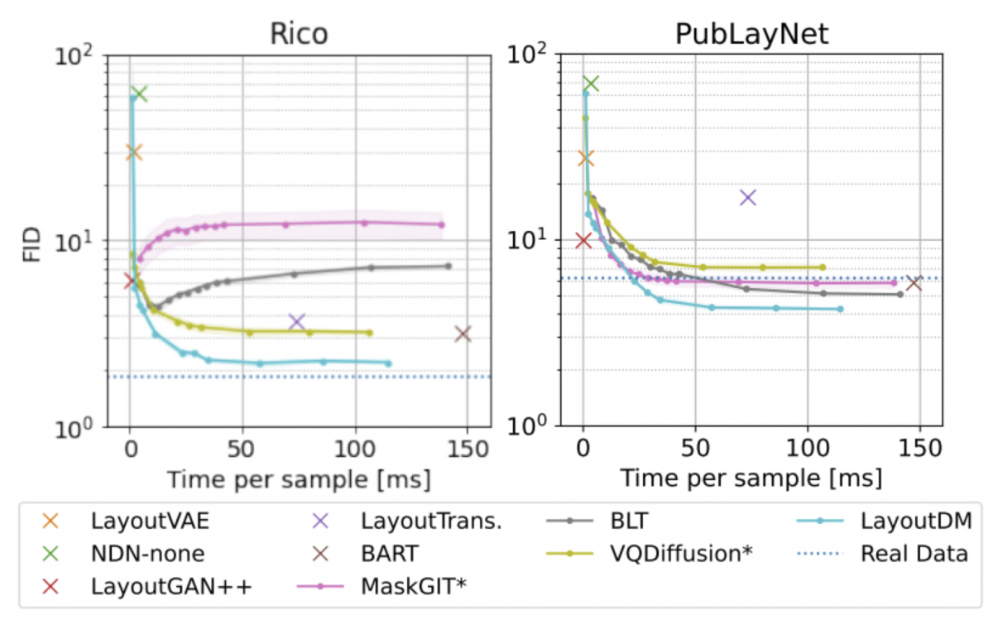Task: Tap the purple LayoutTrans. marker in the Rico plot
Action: click(296, 321)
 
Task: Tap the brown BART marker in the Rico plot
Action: click(463, 334)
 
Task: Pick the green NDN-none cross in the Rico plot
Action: click(139, 94)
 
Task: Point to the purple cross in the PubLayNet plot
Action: click(748, 197)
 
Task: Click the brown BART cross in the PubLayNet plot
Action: click(914, 283)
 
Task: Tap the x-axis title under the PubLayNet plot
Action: click(751, 478)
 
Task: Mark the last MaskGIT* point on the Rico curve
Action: click(442, 224)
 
